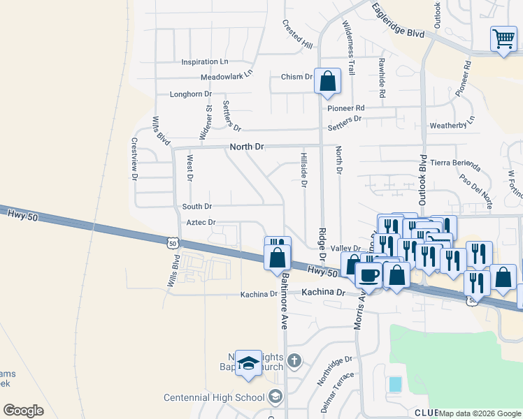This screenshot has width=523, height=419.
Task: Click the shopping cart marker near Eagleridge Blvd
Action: [503, 39]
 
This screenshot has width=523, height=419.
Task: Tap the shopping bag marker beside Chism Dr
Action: [327, 82]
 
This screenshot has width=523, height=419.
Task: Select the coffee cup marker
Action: [368, 274]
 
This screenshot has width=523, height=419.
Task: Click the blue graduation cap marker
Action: [248, 364]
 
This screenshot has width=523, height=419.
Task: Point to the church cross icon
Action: [294, 361]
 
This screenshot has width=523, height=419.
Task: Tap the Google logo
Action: [23, 410]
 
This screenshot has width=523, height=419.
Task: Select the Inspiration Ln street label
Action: [205, 62]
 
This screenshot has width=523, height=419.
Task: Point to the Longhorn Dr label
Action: [191, 94]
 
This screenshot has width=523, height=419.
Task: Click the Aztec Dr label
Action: [200, 222]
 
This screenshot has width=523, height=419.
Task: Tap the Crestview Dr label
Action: [134, 159]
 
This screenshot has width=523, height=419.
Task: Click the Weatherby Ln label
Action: [452, 126]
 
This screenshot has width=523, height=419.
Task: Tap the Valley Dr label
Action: [345, 249]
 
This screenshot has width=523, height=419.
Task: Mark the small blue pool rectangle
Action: [395, 383]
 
